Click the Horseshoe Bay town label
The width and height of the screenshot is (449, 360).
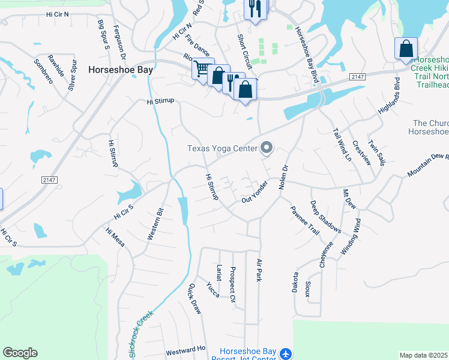[121, 70]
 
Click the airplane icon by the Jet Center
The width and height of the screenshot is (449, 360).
[286, 355]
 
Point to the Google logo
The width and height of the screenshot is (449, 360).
[20, 353]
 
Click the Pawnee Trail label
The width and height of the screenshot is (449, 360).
[305, 220]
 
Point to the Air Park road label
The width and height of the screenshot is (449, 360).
[259, 271]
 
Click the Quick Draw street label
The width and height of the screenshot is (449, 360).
[195, 298]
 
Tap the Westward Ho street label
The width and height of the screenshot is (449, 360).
[185, 349]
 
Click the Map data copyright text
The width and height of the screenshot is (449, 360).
[424, 355]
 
